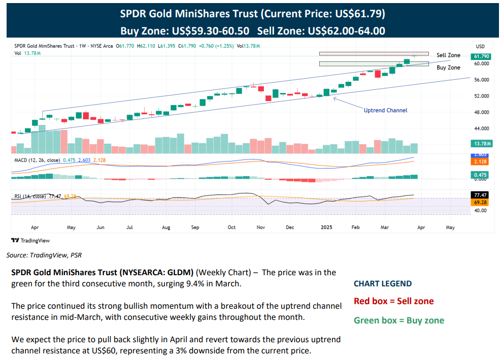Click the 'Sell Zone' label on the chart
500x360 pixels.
[448, 55]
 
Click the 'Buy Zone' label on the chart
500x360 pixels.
[448, 67]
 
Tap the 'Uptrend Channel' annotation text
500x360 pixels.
[385, 110]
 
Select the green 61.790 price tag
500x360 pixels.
[481, 56]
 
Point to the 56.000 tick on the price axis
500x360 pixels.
[481, 80]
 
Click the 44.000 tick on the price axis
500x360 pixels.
[481, 128]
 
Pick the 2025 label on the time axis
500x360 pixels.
[326, 227]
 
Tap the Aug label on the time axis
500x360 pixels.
[166, 227]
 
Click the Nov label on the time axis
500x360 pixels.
[261, 227]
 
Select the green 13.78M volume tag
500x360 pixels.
[481, 144]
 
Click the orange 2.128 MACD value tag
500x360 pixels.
[481, 161]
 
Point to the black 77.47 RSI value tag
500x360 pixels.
[481, 194]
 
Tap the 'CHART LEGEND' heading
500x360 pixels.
[383, 283]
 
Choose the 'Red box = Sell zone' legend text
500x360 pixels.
[393, 301]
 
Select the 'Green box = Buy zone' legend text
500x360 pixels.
[398, 320]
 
